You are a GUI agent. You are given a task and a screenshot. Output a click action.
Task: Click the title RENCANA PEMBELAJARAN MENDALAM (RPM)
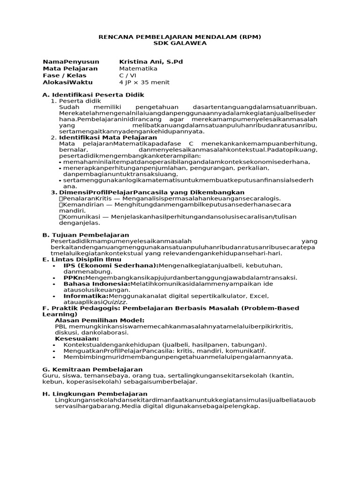[180, 36]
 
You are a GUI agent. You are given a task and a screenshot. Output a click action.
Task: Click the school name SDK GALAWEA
[180, 43]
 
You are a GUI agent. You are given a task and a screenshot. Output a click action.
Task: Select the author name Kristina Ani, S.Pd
[151, 62]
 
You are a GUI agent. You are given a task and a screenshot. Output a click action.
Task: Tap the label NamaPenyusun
[71, 62]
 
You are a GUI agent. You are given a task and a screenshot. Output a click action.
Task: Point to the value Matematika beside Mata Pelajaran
[138, 68]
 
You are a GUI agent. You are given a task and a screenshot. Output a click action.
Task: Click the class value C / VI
[127, 75]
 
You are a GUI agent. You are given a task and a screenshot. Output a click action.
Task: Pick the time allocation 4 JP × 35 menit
[144, 82]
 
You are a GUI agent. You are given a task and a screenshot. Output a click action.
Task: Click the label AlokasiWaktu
[67, 82]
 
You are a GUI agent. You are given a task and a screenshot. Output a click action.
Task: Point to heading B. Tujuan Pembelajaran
[86, 234]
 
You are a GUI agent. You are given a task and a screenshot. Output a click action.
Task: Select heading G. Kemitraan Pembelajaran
[92, 369]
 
